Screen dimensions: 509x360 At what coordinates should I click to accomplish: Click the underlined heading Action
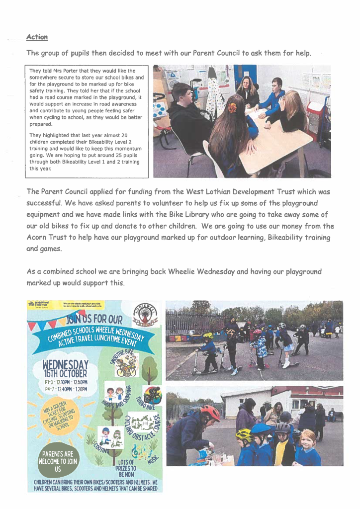(x=37, y=37)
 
